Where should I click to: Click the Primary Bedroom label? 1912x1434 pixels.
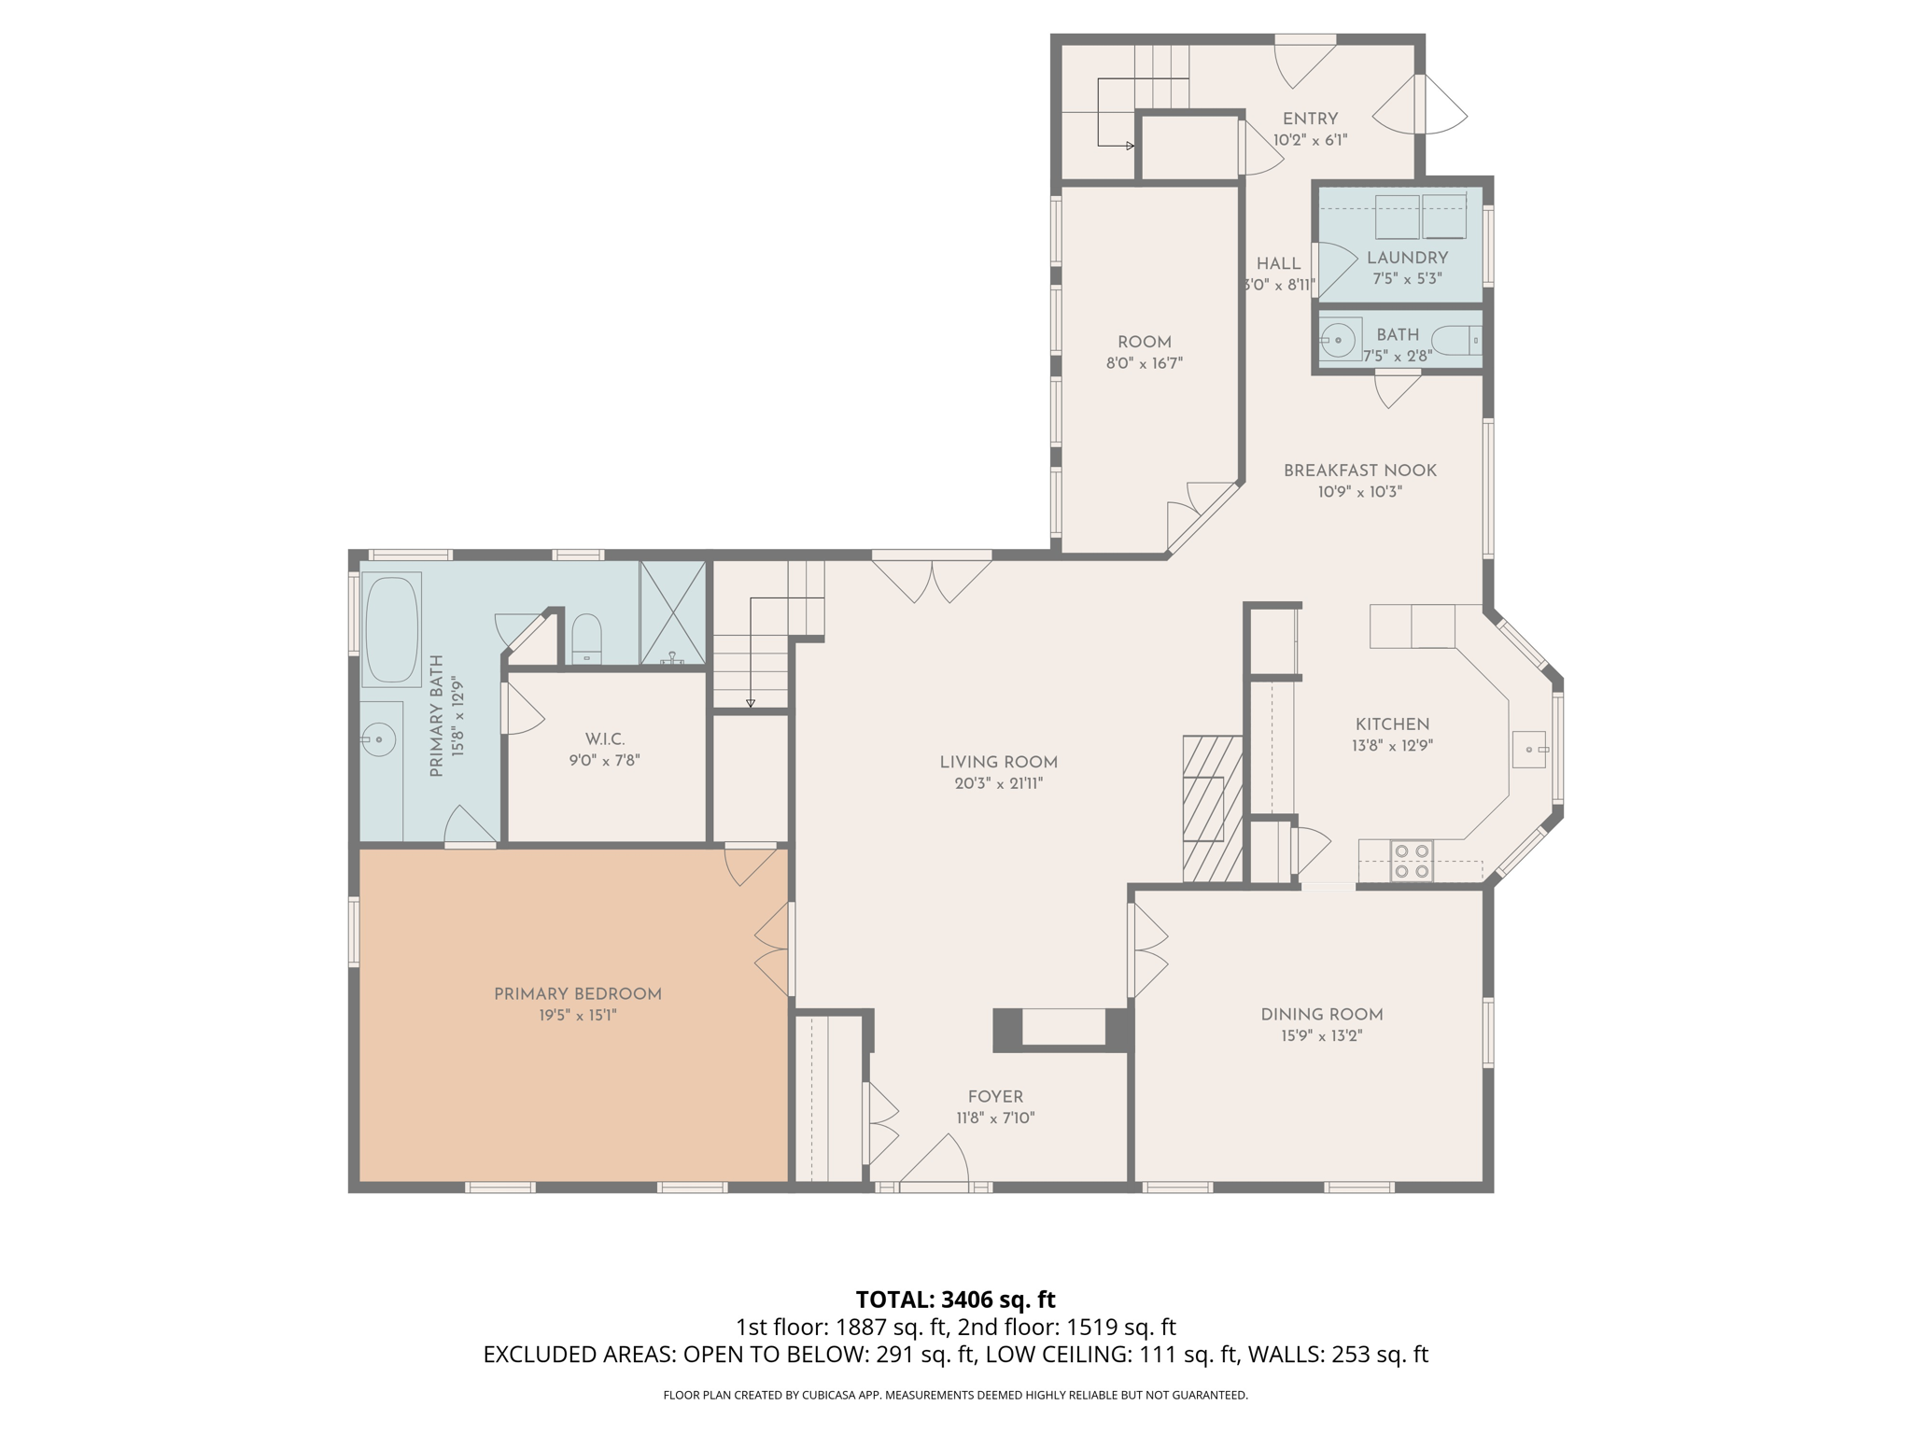coord(577,994)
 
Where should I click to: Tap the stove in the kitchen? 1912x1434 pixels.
coord(1411,861)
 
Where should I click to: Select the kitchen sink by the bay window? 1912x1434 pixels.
coord(1528,749)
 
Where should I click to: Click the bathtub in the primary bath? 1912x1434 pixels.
coord(392,629)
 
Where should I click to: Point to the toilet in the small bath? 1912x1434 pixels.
coord(1457,340)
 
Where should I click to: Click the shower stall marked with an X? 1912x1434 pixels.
coord(672,612)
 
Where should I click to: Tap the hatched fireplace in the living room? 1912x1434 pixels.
coord(1212,808)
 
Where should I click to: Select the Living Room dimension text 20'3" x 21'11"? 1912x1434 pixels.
coord(998,784)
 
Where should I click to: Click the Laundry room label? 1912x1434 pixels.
coord(1407,258)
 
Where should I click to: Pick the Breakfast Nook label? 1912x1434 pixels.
coord(1359,471)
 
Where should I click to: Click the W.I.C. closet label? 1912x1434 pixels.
coord(604,739)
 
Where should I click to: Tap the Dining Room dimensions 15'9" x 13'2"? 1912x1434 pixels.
coord(1321,1035)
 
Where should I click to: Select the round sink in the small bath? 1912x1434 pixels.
coord(1339,340)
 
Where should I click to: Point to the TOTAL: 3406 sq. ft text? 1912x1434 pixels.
coord(955,1300)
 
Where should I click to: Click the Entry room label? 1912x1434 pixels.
coord(1310,119)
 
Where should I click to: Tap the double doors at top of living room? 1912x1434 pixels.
coord(932,579)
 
